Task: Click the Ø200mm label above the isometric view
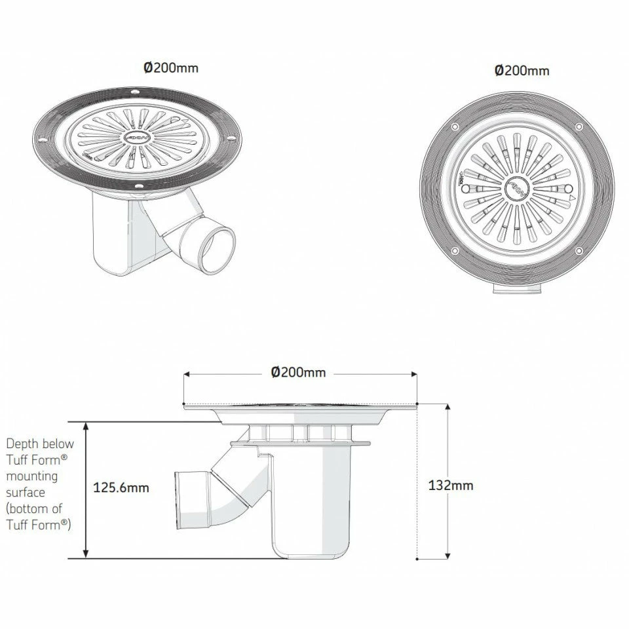pos(171,67)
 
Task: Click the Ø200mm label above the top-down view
pos(522,70)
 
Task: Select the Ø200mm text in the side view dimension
pos(298,372)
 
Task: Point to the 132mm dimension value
pos(450,486)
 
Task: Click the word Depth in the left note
pos(21,444)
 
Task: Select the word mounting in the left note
pos(31,476)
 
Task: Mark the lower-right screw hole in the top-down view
pos(579,251)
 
